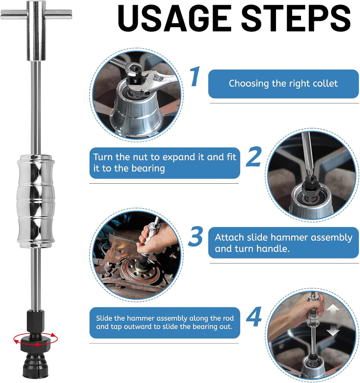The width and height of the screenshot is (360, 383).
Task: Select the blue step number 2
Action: [254, 156]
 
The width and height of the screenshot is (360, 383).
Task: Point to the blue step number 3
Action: [195, 236]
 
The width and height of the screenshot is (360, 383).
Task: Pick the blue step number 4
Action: [254, 316]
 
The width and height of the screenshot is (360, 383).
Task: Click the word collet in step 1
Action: [325, 84]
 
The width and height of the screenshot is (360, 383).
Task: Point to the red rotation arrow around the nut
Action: [36, 339]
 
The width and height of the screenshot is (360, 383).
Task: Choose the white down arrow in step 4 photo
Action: [333, 330]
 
